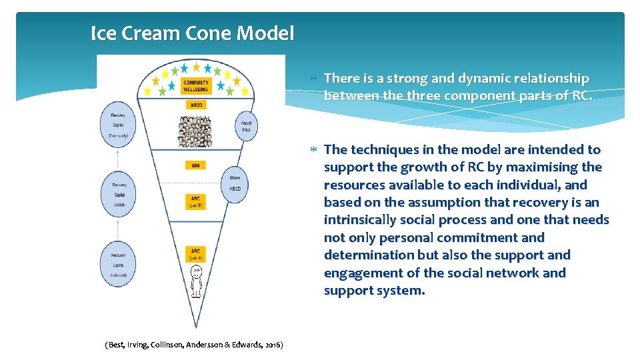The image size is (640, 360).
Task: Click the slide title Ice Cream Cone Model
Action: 192,33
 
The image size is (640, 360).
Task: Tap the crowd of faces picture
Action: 195,131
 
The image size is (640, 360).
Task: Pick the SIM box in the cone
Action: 195,165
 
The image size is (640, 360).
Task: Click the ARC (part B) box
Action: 195,201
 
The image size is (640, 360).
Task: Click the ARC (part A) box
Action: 195,254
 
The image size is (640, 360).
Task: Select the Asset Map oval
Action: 246,125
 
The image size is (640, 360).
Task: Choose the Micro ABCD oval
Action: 235,183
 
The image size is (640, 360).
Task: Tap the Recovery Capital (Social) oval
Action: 119,195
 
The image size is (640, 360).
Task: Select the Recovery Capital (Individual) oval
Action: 118,264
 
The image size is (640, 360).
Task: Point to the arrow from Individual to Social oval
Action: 118,229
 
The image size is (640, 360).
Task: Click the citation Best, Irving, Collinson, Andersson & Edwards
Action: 194,345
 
